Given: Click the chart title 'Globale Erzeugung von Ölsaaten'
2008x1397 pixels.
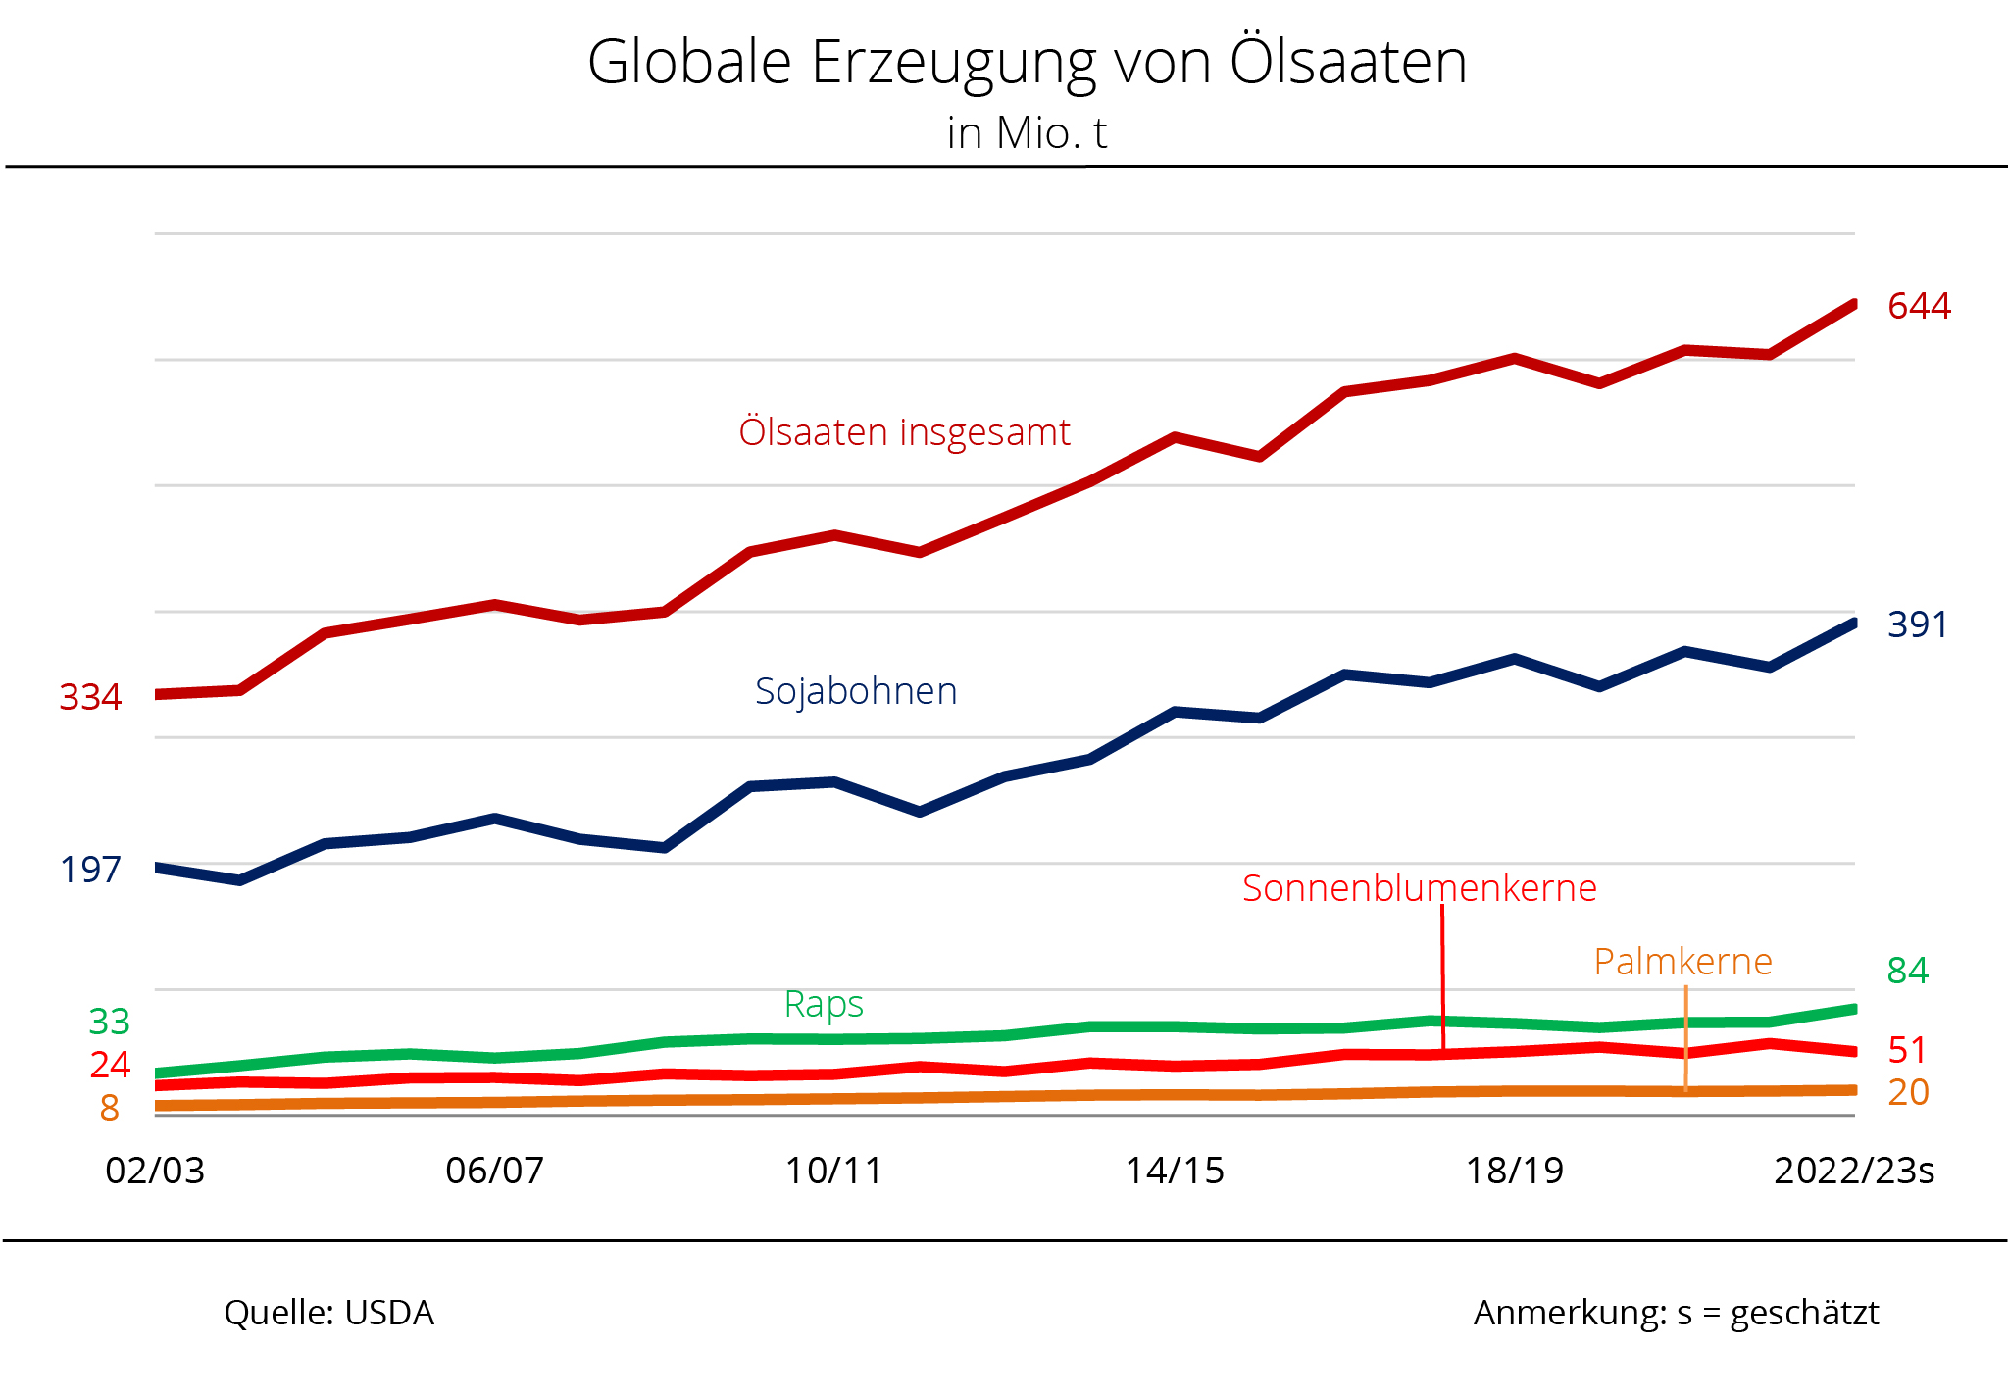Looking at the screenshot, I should pyautogui.click(x=1027, y=63).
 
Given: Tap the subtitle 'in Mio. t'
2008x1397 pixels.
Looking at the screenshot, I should pyautogui.click(x=1027, y=133).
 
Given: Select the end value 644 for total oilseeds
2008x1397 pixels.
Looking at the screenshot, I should pyautogui.click(x=1919, y=306).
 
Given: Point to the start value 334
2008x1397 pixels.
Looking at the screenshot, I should pyautogui.click(x=90, y=697).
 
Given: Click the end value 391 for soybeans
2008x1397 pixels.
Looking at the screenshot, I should pyautogui.click(x=1917, y=624).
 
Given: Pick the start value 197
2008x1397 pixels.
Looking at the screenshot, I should pyautogui.click(x=90, y=870).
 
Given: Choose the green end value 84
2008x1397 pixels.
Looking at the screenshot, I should pyautogui.click(x=1907, y=971).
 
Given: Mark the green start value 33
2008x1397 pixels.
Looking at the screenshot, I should pyautogui.click(x=109, y=1022).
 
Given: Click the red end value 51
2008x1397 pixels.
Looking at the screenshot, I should pyautogui.click(x=1907, y=1050).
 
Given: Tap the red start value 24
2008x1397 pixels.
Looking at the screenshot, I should pyautogui.click(x=110, y=1065).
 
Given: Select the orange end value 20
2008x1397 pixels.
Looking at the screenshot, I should pyautogui.click(x=1908, y=1092).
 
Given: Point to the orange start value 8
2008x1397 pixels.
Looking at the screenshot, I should pyautogui.click(x=109, y=1108).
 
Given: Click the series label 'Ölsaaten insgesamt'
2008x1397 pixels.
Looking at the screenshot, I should pyautogui.click(x=904, y=432).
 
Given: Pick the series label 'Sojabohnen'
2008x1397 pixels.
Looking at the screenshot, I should pyautogui.click(x=856, y=691).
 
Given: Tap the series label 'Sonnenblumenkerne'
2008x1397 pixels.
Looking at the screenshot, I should pyautogui.click(x=1419, y=888).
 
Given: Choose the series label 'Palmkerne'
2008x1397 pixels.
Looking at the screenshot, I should pyautogui.click(x=1682, y=962).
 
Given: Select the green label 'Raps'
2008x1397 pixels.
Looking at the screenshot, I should pyautogui.click(x=824, y=1004).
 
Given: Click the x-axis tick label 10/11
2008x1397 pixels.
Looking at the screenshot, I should pyautogui.click(x=833, y=1171).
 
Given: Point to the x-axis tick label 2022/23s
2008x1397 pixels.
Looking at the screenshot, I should pyautogui.click(x=1854, y=1171).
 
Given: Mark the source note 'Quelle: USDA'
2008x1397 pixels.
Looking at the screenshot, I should pyautogui.click(x=328, y=1313).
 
